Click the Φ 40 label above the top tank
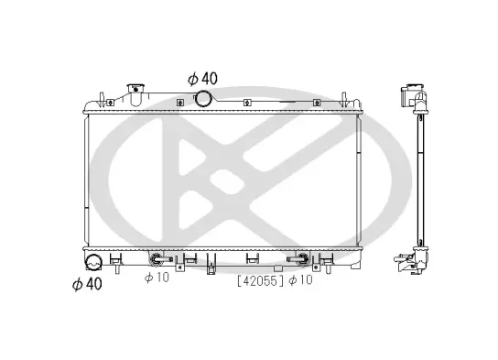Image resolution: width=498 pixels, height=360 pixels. tap(202, 79)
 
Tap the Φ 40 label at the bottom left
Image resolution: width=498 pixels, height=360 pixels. tap(87, 284)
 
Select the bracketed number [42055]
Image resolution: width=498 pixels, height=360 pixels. tap(260, 280)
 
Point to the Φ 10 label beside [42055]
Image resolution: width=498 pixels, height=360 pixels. tap(301, 280)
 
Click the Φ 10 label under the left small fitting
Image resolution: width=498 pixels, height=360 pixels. tap(157, 278)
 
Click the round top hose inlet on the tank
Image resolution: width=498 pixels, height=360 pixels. tap(202, 99)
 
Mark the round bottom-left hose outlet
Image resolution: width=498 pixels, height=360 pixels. tap(93, 263)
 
